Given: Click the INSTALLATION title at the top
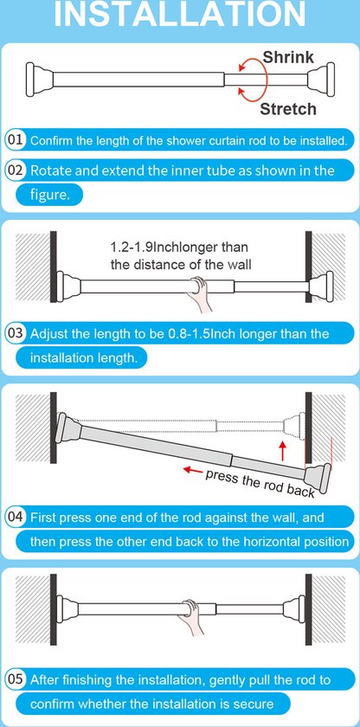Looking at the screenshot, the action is coord(180,14).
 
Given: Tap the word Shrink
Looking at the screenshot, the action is coord(288,57).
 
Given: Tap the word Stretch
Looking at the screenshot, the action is coord(287,109).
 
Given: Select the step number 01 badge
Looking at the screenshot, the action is coord(15,140).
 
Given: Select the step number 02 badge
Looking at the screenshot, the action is coord(15,170).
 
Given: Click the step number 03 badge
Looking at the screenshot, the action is coord(15,333).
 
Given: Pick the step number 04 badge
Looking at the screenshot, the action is coord(15,517).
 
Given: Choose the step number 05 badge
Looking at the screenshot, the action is coord(15,679).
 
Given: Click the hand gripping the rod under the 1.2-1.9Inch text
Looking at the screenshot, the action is coord(200,293).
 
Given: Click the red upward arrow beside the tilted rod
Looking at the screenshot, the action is coord(282,451).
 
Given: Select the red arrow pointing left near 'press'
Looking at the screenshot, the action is coord(193,471).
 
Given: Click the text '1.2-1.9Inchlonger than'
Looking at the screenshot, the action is coord(179,246).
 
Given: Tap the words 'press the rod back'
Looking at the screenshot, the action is coord(260,484).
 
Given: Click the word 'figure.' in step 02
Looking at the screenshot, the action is coord(49,195).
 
